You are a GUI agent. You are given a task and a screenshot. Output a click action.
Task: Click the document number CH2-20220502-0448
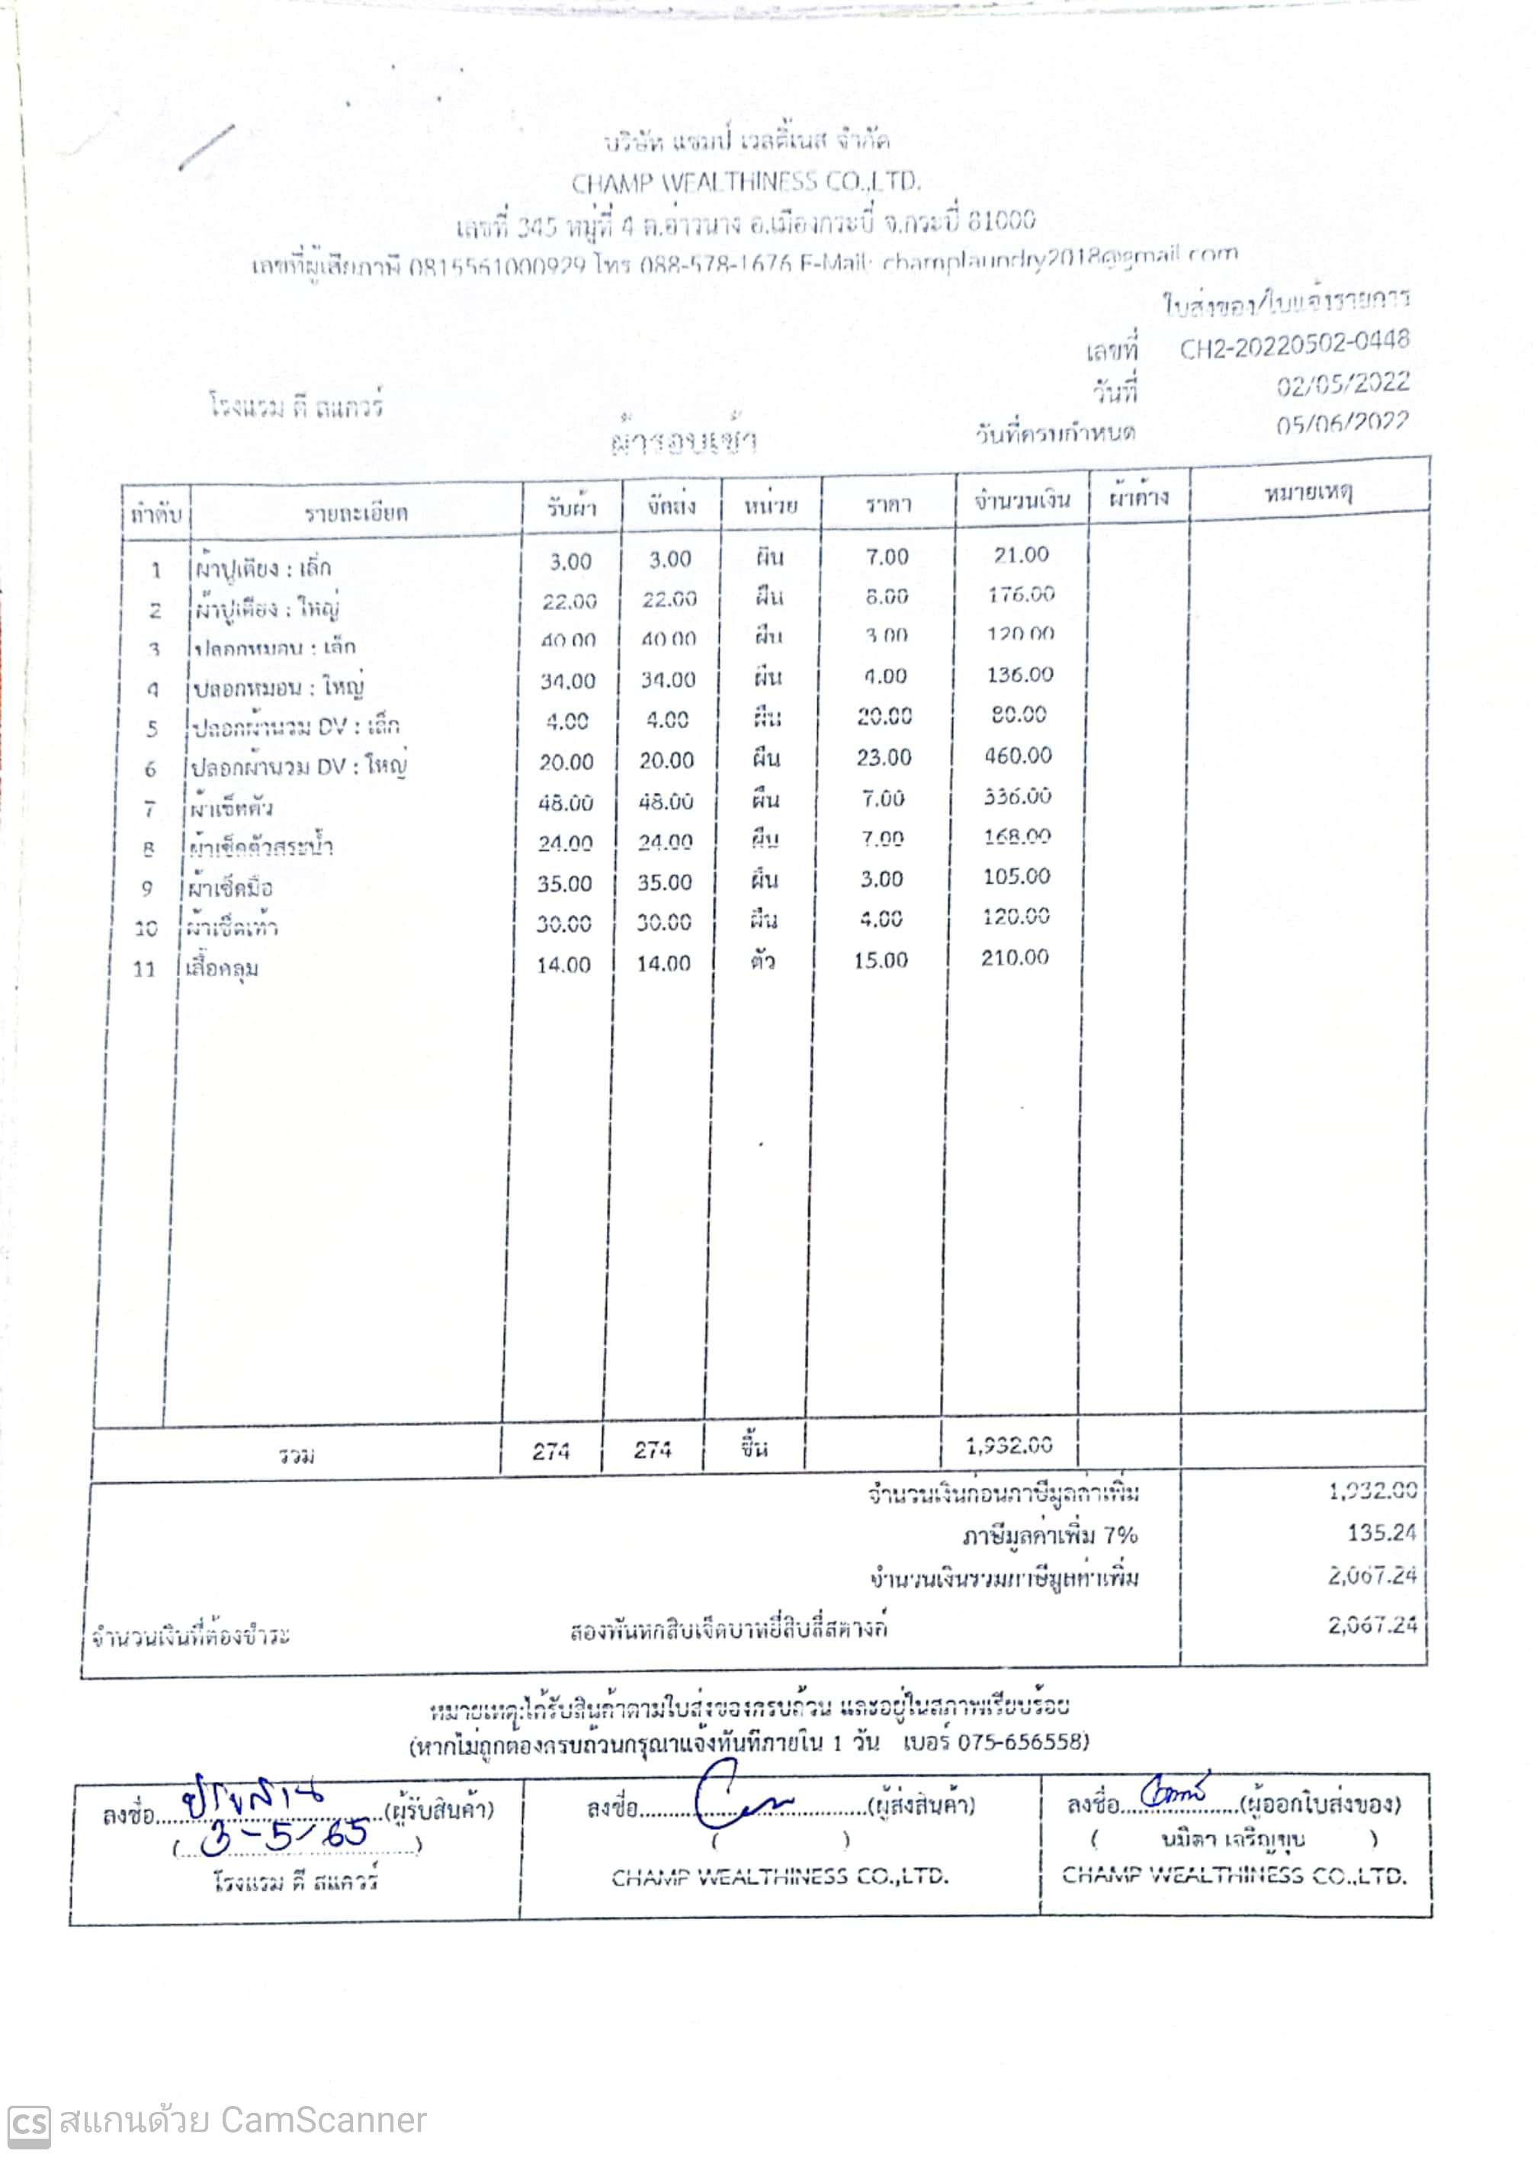[x=1294, y=345]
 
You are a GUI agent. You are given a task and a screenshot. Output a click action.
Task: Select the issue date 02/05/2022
[x=1342, y=385]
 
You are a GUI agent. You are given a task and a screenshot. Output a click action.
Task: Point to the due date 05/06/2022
[x=1342, y=423]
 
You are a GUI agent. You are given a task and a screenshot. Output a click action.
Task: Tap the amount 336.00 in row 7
[x=1017, y=796]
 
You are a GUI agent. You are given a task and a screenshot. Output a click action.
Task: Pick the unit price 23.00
[x=883, y=757]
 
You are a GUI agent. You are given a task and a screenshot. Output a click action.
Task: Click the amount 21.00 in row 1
[x=1021, y=554]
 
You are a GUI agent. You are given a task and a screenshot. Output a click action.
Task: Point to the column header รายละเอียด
[x=356, y=512]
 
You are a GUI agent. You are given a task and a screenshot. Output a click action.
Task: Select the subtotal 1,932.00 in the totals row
[x=1009, y=1446]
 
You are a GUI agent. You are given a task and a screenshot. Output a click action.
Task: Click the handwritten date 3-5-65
[x=284, y=1835]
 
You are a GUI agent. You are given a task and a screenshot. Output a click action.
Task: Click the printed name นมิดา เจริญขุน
[x=1232, y=1839]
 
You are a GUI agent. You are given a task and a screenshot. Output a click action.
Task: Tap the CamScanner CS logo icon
[x=28, y=2122]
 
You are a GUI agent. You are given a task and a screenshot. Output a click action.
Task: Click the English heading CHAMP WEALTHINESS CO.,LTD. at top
[x=745, y=181]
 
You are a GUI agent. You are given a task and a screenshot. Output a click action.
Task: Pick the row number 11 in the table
[x=144, y=968]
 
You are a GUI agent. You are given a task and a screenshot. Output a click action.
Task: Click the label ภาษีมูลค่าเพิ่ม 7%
[x=1050, y=1535]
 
